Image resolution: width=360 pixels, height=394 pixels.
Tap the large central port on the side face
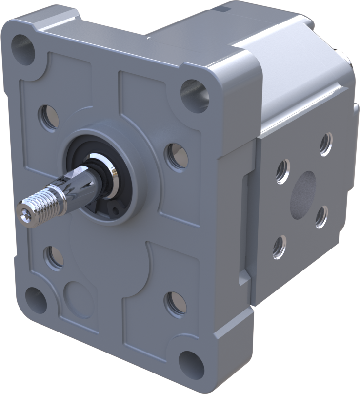(303, 195)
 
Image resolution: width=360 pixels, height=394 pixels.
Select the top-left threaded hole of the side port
(282, 171)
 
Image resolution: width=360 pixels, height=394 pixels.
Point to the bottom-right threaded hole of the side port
(321, 217)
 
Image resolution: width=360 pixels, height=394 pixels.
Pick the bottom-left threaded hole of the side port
(280, 247)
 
